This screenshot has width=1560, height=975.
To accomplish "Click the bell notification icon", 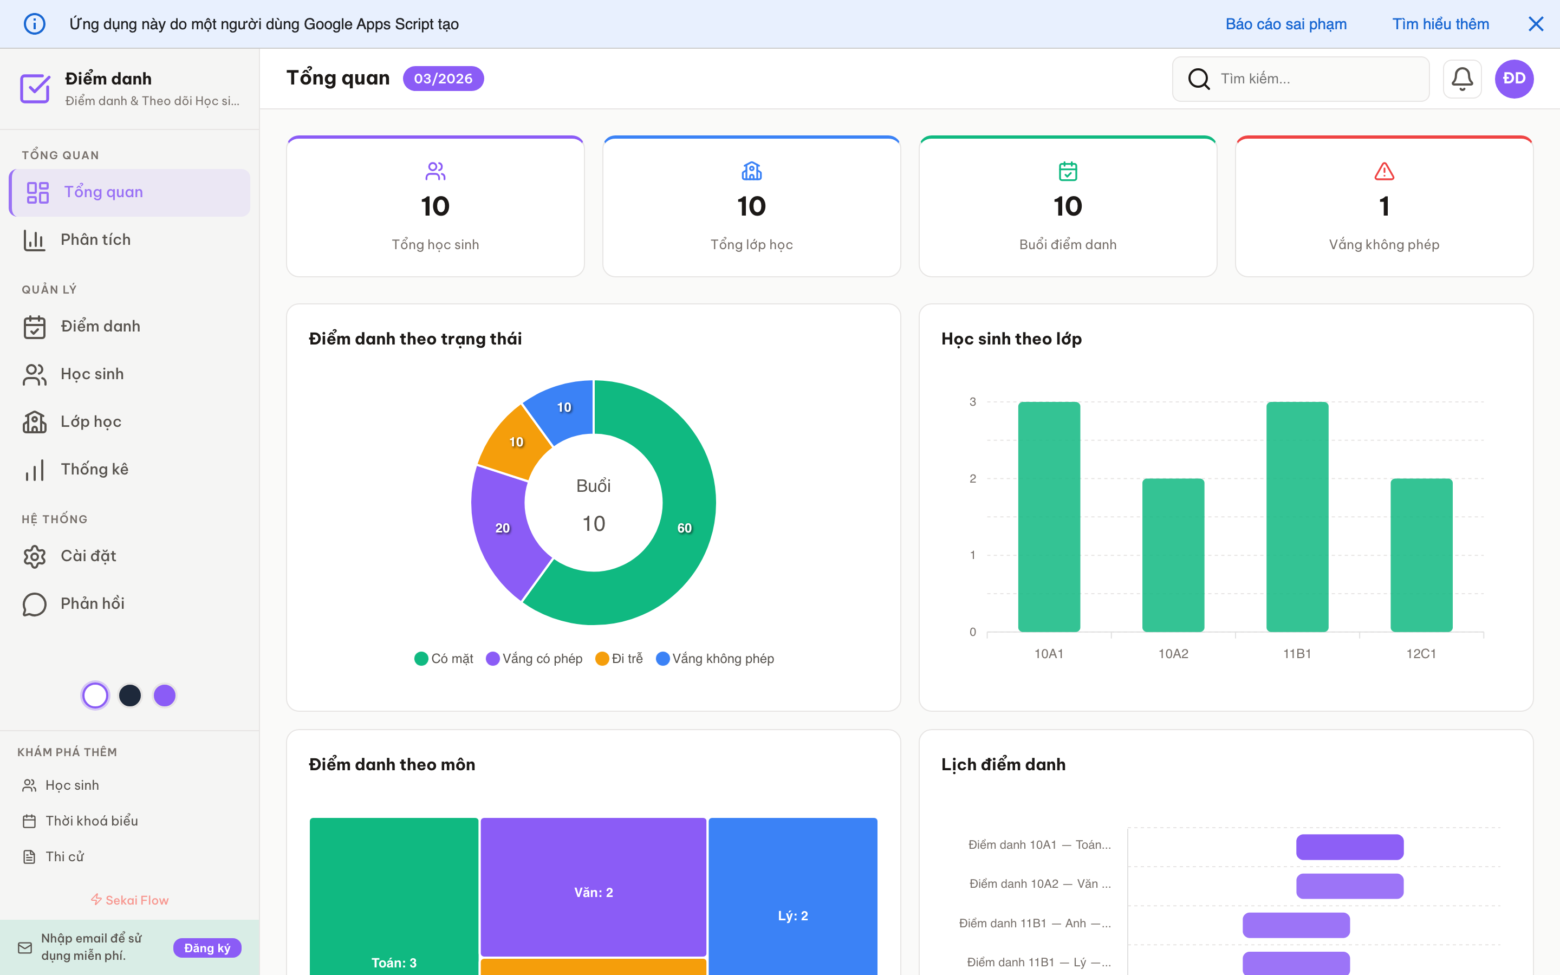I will click(1461, 79).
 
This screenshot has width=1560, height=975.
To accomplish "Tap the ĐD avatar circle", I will click(1513, 79).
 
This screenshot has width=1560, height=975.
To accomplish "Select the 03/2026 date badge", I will click(443, 79).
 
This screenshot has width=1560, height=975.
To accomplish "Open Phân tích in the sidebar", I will click(95, 240).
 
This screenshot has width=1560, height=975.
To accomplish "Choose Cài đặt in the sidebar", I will click(88, 556).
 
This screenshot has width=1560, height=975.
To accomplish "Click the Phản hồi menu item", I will click(92, 603).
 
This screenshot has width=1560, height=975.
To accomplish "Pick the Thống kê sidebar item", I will click(94, 470).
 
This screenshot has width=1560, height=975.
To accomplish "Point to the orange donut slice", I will click(516, 441).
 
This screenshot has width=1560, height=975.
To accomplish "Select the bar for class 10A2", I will click(1173, 555).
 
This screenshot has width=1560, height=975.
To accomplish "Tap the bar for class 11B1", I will click(1297, 516).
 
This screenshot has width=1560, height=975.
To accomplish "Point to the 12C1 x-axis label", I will click(1421, 654).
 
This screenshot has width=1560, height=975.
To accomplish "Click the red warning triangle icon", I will click(1384, 172).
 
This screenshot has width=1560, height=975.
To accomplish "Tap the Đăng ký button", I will click(207, 948).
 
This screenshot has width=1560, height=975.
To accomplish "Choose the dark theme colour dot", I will click(130, 695).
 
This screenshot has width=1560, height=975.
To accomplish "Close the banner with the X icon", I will click(1536, 24).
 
